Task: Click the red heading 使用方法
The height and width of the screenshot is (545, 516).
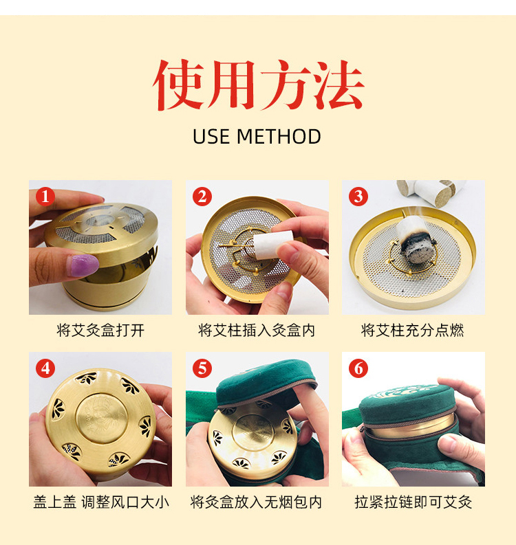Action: point(258,85)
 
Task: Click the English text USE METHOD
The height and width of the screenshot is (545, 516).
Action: point(257,137)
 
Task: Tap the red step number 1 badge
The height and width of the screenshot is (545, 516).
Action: point(45,197)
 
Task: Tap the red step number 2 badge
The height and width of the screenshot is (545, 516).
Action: point(202,197)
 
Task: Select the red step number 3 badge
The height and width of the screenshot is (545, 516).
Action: point(358,197)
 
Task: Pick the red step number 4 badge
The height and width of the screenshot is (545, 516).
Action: point(45,368)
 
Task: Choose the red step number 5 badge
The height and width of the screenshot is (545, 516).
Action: point(202,368)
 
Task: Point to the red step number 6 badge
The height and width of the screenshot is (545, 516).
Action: point(358,368)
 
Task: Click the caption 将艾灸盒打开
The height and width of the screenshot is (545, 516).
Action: point(100,330)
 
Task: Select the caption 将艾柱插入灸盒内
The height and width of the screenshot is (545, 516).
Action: point(257,330)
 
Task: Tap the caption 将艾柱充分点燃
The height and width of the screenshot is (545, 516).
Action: point(413,330)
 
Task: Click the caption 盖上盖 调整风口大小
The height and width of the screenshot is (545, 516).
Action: point(101,502)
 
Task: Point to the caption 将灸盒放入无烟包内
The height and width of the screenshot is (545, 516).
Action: point(257,502)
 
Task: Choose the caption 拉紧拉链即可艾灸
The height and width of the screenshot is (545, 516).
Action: point(413,502)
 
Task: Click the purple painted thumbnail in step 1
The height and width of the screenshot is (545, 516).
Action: point(84,265)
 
